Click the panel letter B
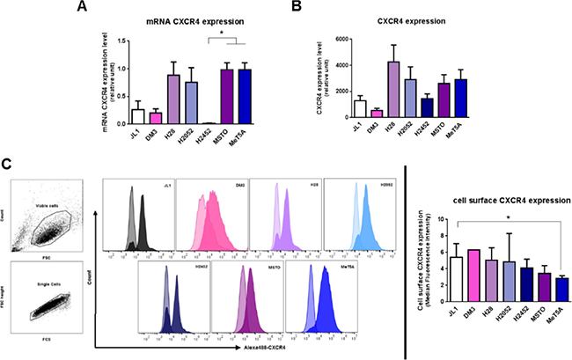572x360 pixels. coord(297,8)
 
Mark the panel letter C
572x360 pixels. coord(7,165)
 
